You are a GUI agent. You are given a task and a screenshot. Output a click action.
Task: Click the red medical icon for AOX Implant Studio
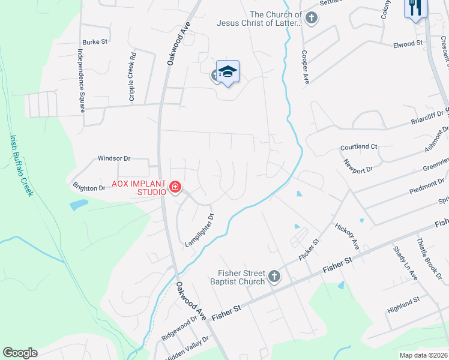click(x=175, y=188)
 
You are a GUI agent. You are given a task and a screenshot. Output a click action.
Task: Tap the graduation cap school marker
click(x=228, y=73)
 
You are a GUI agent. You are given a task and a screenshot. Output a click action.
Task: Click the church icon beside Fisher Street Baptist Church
click(x=274, y=277)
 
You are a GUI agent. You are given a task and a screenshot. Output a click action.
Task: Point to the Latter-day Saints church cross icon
click(x=311, y=19)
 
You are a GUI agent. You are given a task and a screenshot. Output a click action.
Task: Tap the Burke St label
click(x=95, y=42)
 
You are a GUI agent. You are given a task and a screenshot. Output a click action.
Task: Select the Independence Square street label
click(x=80, y=81)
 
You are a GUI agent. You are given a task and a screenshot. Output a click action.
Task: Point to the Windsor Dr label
click(x=114, y=158)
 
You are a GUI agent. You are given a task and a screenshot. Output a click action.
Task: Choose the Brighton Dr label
click(x=89, y=188)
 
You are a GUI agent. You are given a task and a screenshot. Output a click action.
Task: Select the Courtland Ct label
click(x=358, y=146)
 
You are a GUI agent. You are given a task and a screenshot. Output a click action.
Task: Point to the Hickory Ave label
click(x=348, y=236)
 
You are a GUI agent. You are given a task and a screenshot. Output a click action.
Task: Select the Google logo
click(x=20, y=353)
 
